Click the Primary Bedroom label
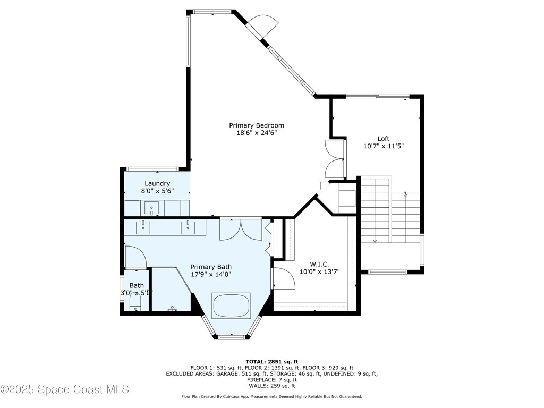point(252,125)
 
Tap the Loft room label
point(383,139)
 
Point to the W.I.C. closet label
point(319,264)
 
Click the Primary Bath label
point(211,267)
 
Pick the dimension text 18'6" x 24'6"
point(257,133)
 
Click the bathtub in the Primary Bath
point(231,305)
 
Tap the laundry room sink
point(152,208)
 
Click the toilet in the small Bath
point(135,303)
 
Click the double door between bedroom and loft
point(335,158)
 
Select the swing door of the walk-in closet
point(283,278)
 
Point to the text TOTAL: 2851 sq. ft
point(271,361)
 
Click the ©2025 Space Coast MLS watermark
point(64,389)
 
